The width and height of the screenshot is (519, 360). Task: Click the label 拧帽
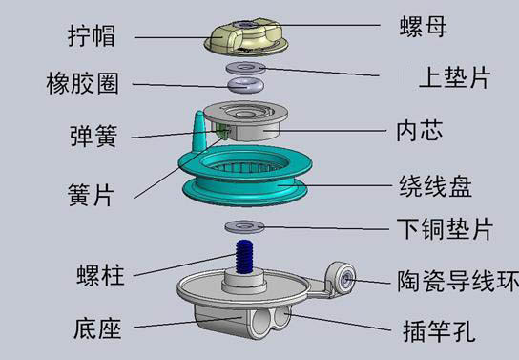pyautogui.click(x=92, y=35)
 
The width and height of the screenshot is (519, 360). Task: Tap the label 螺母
pyautogui.click(x=423, y=26)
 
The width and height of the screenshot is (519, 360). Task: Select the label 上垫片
pyautogui.click(x=454, y=77)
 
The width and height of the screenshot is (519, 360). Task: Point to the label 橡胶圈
pyautogui.click(x=82, y=83)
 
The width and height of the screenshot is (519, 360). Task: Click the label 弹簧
pyautogui.click(x=93, y=136)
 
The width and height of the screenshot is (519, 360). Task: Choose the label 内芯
pyautogui.click(x=420, y=131)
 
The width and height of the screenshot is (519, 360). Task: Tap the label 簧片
pyautogui.click(x=91, y=195)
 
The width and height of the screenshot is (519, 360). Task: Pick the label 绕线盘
pyautogui.click(x=435, y=186)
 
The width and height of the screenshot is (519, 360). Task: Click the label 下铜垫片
pyautogui.click(x=446, y=229)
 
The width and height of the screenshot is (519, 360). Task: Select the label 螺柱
pyautogui.click(x=100, y=275)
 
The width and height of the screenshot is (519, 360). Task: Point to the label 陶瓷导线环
pyautogui.click(x=458, y=281)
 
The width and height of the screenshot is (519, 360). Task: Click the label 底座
pyautogui.click(x=97, y=328)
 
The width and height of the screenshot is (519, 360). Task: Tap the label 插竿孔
pyautogui.click(x=439, y=330)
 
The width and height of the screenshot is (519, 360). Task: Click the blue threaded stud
pyautogui.click(x=245, y=257)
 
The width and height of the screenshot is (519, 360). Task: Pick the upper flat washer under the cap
pyautogui.click(x=245, y=68)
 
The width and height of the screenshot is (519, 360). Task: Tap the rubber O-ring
pyautogui.click(x=245, y=85)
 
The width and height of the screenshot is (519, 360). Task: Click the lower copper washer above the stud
pyautogui.click(x=244, y=227)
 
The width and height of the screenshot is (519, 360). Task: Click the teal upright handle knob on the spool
pyautogui.click(x=200, y=132)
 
